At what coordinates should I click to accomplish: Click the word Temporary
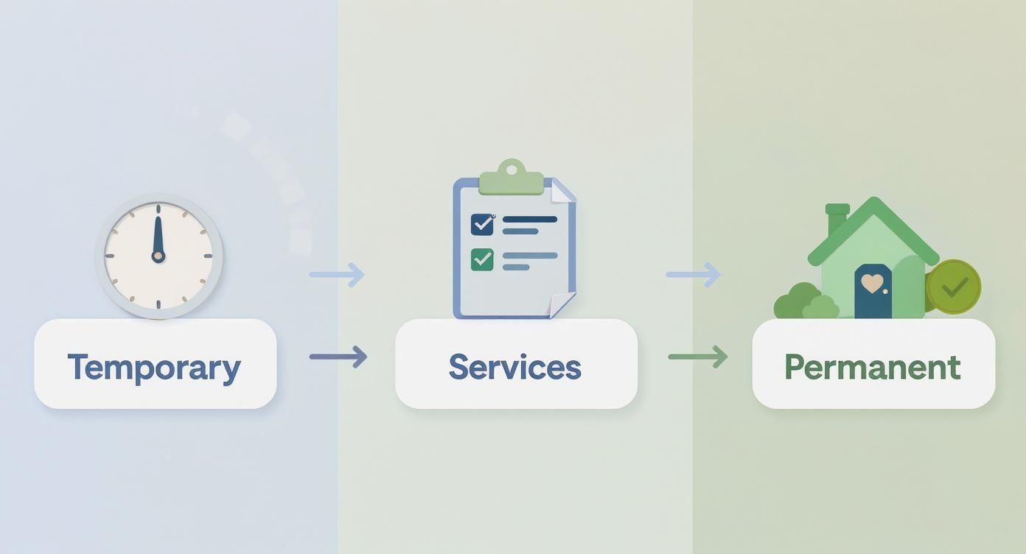(154, 368)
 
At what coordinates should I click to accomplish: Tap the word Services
(515, 367)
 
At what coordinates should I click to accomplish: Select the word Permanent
(873, 367)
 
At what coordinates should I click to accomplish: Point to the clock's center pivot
(158, 256)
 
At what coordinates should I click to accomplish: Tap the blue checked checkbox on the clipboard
(482, 225)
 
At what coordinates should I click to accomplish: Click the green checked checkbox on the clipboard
(482, 259)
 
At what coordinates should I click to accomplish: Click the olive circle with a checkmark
(953, 287)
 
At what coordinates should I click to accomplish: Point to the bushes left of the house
(805, 302)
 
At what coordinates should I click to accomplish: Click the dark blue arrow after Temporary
(338, 357)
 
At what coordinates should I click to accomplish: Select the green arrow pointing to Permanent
(698, 357)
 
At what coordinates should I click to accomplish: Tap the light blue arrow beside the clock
(337, 275)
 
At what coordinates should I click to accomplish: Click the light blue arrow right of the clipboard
(694, 275)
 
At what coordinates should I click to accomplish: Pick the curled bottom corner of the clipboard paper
(562, 304)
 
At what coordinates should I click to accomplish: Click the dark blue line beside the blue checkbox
(530, 220)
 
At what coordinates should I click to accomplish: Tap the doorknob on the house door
(885, 291)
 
